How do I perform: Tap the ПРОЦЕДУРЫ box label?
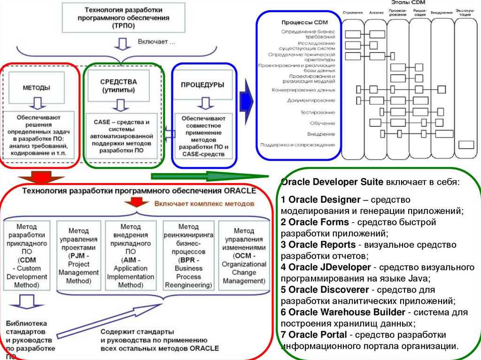202,85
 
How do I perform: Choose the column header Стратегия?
353,12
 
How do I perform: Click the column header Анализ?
376,12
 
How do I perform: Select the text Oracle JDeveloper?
325,268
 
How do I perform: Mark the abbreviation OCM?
245,256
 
